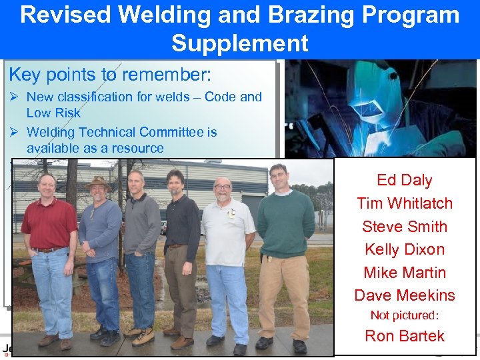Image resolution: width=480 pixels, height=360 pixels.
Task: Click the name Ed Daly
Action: (404, 180)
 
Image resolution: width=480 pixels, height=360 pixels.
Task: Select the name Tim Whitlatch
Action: (404, 203)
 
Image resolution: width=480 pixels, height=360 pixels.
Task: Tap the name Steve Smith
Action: (404, 227)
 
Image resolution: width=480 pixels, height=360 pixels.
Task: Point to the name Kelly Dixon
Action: (404, 249)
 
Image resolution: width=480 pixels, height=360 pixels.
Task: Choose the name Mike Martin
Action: (404, 273)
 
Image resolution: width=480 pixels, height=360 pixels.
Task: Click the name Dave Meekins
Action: (404, 295)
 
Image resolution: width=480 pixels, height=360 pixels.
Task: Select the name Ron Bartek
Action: (404, 336)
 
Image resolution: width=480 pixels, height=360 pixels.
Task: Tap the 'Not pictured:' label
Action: (404, 315)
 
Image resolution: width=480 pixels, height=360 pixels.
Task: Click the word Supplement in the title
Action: (239, 43)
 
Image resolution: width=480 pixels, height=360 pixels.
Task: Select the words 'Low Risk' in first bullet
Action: (53, 113)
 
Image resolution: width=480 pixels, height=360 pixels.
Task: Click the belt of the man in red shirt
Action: (49, 249)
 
